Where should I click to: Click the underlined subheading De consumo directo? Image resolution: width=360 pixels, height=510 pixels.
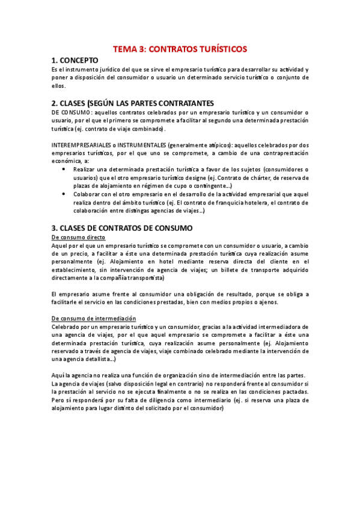click(x=79, y=237)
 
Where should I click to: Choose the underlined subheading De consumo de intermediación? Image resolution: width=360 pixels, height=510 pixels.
click(x=93, y=318)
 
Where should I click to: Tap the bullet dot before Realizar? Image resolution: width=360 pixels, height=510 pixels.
click(x=65, y=170)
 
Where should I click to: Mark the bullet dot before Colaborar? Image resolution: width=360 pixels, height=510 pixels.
click(x=65, y=194)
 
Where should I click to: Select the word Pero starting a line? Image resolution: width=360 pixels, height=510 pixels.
click(x=59, y=400)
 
